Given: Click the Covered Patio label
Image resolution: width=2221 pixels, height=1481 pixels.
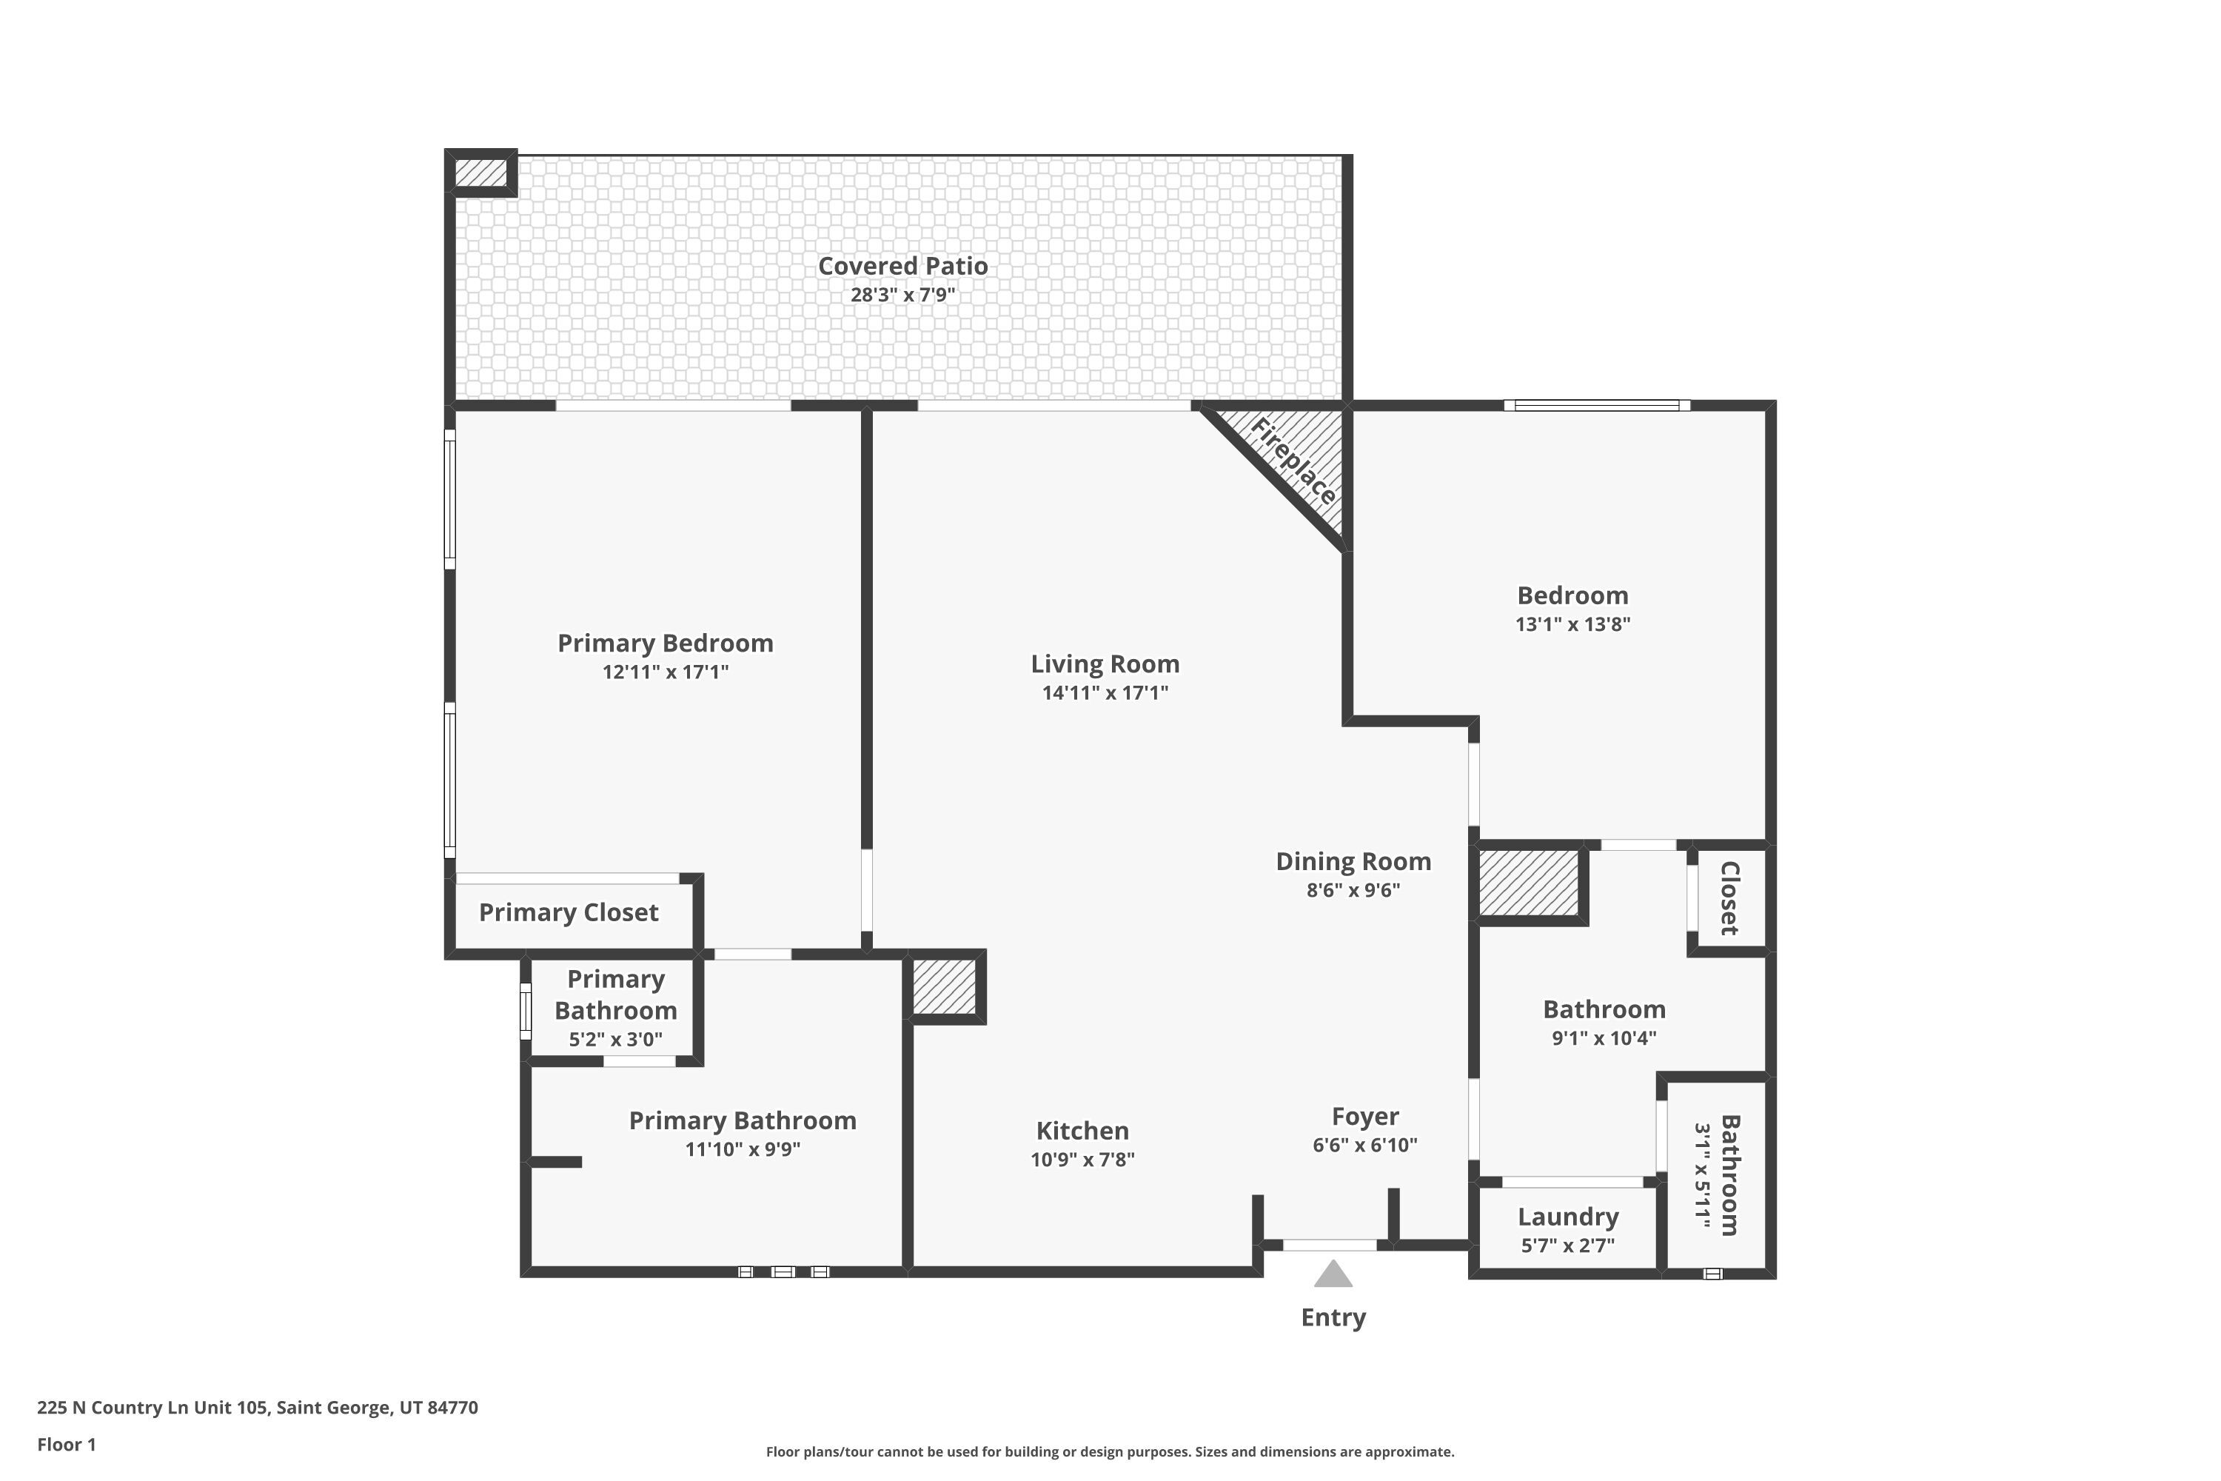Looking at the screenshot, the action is [902, 267].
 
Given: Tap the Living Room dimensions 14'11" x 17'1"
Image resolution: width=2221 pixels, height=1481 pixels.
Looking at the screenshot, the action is [1105, 692].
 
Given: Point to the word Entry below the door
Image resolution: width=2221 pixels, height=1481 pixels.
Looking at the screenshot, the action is [1333, 1317].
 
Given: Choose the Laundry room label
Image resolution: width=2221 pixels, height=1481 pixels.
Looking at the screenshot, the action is [1567, 1217].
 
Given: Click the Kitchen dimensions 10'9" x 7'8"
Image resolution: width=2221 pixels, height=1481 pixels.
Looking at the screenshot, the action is [1082, 1159].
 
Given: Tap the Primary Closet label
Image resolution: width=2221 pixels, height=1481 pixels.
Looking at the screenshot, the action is [569, 912].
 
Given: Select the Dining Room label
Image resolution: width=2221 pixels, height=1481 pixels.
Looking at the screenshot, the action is [1353, 861].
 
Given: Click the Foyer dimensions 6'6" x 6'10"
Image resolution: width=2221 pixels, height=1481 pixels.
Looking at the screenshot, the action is [1364, 1145].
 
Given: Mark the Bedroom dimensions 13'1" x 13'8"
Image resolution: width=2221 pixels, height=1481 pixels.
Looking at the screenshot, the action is [1572, 624].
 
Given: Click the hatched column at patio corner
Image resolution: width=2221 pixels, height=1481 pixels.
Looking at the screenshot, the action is [480, 173].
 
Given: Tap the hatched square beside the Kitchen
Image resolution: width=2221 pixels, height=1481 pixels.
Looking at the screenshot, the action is [945, 987].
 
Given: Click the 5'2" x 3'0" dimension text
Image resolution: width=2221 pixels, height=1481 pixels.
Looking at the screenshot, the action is [616, 1040].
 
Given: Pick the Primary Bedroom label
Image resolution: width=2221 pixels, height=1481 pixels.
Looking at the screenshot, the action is [666, 643].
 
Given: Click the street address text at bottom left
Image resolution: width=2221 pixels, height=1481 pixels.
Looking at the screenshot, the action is [258, 1408].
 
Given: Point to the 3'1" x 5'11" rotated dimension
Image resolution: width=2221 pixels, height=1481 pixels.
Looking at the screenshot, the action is [1703, 1176].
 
